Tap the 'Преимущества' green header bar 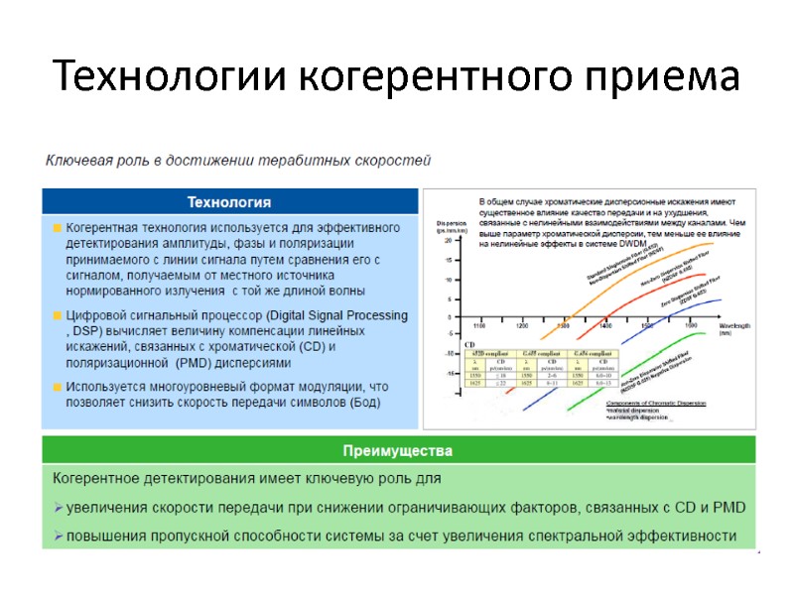tap(397, 450)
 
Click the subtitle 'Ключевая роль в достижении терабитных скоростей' tap(236, 159)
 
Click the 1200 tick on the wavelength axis tap(523, 325)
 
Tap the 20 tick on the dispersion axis tap(449, 240)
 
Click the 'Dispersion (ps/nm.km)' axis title tap(453, 227)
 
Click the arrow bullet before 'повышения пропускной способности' tap(58, 536)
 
